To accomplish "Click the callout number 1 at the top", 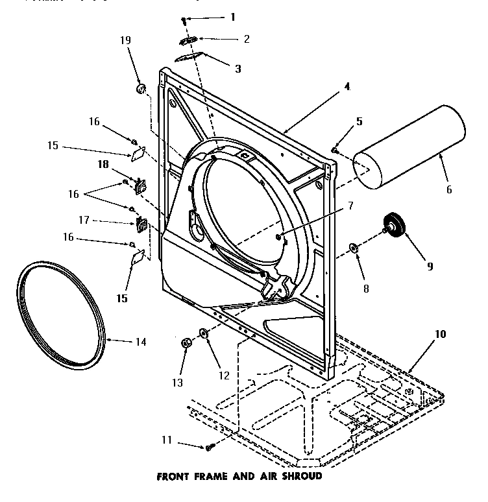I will coord(232,17).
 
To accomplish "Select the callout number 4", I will coord(347,86).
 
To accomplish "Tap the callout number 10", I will coord(441,335).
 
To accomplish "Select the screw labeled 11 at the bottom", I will coord(210,447).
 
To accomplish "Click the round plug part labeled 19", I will coord(140,88).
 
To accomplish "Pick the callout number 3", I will coord(238,67).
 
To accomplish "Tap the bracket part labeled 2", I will coord(189,40).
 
